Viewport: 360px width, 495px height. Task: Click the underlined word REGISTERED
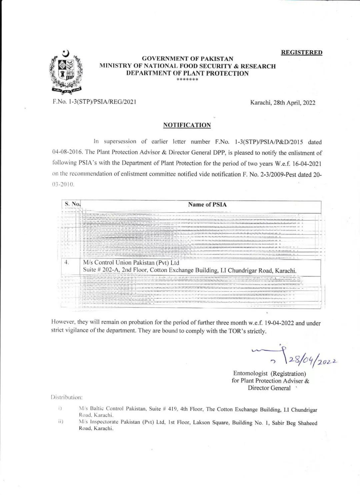(x=302, y=52)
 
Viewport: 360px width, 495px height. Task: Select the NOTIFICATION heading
(x=187, y=125)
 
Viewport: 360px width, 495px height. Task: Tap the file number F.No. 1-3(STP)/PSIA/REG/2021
(x=94, y=102)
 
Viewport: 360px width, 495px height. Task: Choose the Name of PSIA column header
(x=207, y=204)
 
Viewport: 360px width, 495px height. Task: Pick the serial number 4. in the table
(x=67, y=262)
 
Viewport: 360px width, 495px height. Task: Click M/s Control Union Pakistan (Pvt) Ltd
(x=131, y=263)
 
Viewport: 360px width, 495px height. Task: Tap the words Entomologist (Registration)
(x=269, y=374)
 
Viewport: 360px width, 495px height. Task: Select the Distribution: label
(x=66, y=397)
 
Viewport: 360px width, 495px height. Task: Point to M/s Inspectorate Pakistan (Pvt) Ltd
(x=122, y=422)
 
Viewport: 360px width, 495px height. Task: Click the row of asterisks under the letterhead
(x=187, y=80)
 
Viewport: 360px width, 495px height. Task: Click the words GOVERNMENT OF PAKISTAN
(x=188, y=59)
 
